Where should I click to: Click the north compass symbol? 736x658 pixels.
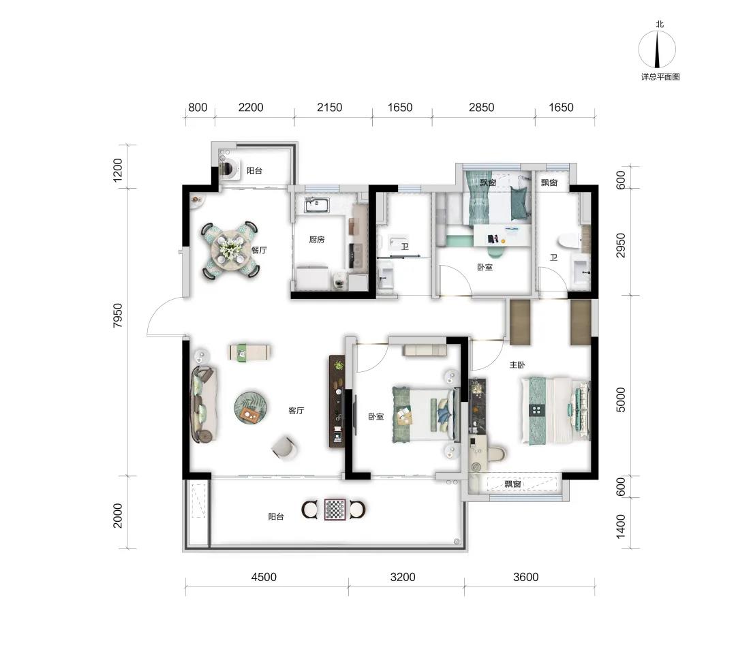[657, 49]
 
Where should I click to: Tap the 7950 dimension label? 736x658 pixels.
[117, 315]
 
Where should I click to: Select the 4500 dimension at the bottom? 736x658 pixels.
[264, 577]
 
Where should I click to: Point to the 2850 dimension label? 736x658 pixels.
[482, 108]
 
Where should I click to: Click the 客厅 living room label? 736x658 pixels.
[296, 411]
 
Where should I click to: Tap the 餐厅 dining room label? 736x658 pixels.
[259, 250]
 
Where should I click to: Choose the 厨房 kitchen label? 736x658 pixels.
[317, 240]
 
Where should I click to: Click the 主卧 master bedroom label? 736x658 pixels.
[517, 364]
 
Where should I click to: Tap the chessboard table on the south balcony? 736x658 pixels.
[335, 510]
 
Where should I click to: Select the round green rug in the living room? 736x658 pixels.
[251, 407]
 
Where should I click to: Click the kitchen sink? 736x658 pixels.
[318, 205]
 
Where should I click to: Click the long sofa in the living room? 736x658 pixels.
[203, 405]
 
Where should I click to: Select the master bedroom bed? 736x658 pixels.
[555, 410]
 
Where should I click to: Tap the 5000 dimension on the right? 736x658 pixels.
[621, 399]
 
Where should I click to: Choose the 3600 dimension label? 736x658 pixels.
[525, 577]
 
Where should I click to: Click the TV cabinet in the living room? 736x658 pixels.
[337, 401]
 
